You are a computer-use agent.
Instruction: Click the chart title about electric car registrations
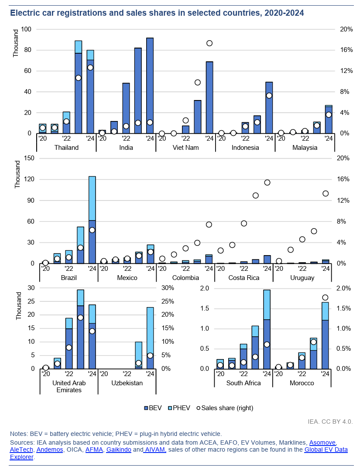(157, 13)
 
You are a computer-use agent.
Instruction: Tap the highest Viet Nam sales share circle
(209, 43)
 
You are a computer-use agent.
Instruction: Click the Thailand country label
(66, 148)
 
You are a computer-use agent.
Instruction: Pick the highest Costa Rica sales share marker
(267, 183)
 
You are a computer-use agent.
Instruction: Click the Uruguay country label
(302, 278)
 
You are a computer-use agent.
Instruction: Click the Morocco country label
(302, 383)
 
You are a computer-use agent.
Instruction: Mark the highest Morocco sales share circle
(325, 297)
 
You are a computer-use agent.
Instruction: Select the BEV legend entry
(153, 408)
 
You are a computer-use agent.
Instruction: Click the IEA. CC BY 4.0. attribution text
(330, 422)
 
